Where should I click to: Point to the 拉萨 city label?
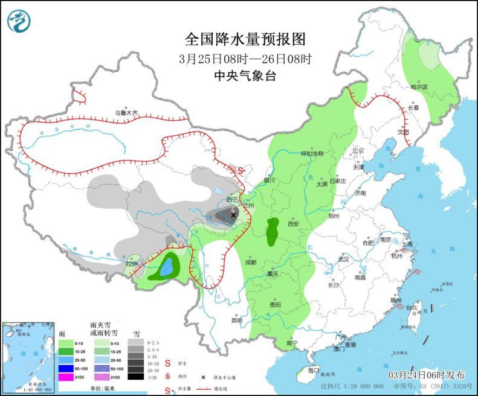click(131, 264)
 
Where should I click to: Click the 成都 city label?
click(251, 262)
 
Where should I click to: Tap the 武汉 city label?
click(344, 258)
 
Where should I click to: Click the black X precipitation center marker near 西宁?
click(233, 215)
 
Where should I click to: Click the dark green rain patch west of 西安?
click(273, 231)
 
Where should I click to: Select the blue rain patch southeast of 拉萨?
click(167, 264)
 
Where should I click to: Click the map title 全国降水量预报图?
click(245, 39)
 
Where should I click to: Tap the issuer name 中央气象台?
click(245, 75)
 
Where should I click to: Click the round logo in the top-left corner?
click(19, 21)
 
